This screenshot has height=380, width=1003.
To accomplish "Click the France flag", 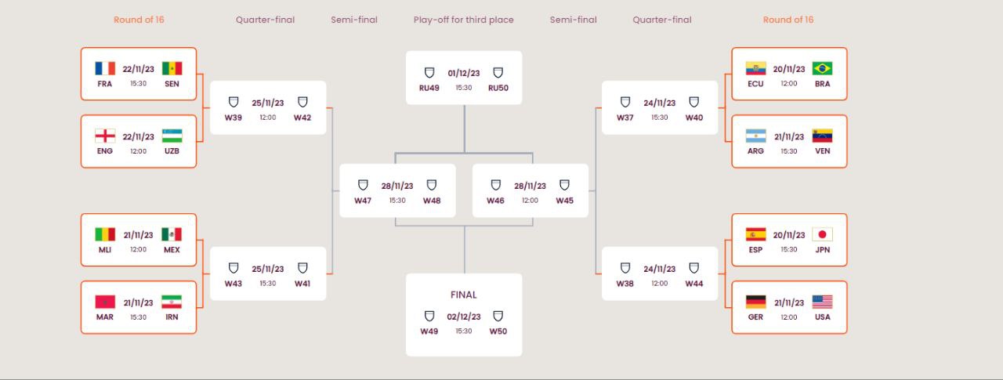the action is tap(105, 68).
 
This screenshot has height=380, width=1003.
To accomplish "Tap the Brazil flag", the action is tap(822, 68).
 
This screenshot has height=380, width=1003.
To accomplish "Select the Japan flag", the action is tap(822, 234).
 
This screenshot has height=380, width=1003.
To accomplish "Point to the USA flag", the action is tap(822, 302).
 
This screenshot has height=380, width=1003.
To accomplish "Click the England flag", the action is tap(105, 136).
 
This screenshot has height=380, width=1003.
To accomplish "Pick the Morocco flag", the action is tap(105, 302).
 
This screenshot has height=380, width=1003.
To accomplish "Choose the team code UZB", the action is tap(172, 151).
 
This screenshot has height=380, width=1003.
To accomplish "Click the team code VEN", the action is tap(823, 151).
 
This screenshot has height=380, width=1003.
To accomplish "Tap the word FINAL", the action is tap(463, 295).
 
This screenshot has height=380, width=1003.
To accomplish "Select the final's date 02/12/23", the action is tap(463, 317).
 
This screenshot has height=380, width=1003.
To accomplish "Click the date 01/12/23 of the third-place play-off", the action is tap(463, 73).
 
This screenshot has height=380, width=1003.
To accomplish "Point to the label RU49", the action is tap(429, 89).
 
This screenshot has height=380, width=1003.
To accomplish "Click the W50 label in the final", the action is tap(498, 331).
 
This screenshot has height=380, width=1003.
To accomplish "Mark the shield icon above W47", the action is tap(363, 185).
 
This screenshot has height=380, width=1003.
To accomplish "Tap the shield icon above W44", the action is tap(693, 268).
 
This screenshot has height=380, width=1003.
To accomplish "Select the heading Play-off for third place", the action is tap(463, 20).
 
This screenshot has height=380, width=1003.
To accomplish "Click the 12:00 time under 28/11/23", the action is tap(530, 201).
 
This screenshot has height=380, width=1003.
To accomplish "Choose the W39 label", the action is tap(234, 118).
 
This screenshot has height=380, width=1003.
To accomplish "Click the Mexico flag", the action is tap(172, 234).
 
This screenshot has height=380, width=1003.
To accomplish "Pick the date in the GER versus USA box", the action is tap(789, 302).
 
